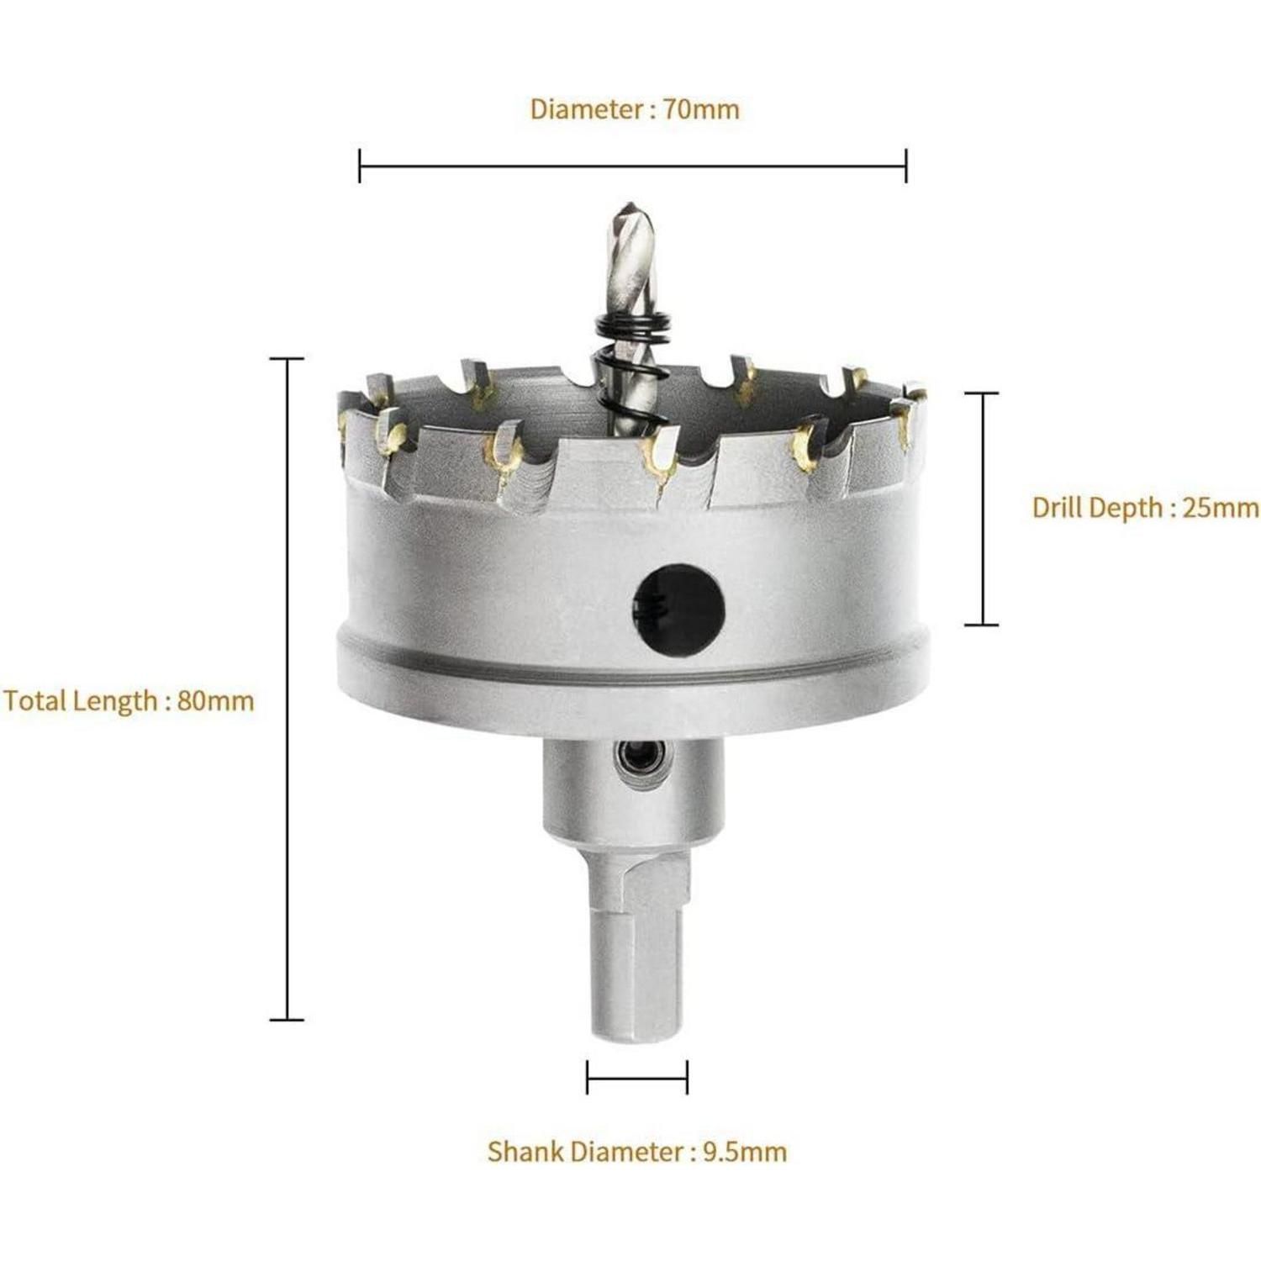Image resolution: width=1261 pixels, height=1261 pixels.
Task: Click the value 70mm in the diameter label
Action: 701,108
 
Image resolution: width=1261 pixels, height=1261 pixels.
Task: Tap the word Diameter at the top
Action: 585,108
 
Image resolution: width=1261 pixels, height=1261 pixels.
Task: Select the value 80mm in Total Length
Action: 215,700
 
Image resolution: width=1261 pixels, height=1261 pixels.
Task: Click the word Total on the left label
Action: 34,700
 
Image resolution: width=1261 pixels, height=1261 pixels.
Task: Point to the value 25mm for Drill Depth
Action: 1221,507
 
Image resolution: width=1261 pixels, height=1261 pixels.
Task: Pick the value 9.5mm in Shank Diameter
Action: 744,1151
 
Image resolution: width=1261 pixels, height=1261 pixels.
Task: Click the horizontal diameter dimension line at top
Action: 632,166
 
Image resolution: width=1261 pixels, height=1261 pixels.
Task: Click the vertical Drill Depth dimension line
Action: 981,509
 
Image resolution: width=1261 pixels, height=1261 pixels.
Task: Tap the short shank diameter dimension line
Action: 637,1077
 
